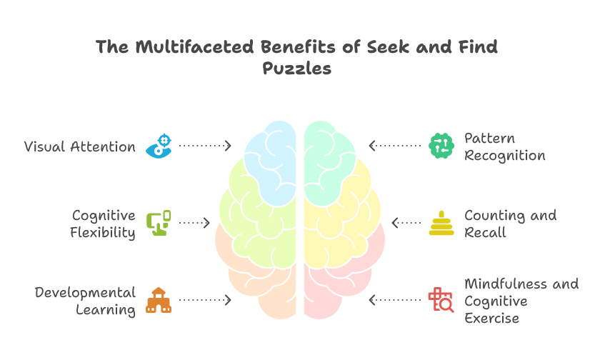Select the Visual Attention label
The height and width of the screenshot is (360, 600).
[x=80, y=146]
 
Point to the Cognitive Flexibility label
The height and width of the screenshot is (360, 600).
[x=104, y=224]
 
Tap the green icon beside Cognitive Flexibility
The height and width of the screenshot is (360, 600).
[x=158, y=223]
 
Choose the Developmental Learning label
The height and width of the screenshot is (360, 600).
[x=85, y=301]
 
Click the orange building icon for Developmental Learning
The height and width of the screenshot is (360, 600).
[x=158, y=300]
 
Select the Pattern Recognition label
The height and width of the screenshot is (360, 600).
[x=504, y=146]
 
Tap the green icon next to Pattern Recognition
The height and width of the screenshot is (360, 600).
[x=441, y=146]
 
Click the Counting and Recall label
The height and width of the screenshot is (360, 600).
[x=510, y=224]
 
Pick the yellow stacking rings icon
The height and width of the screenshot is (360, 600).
[x=441, y=223]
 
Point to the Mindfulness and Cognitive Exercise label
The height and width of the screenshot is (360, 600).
[x=521, y=301]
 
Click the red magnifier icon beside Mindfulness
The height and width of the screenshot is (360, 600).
[x=441, y=300]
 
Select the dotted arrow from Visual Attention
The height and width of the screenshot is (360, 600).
[x=205, y=146]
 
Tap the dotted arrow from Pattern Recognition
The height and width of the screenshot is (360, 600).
[x=395, y=146]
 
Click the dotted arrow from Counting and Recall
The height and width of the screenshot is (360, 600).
[x=406, y=223]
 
